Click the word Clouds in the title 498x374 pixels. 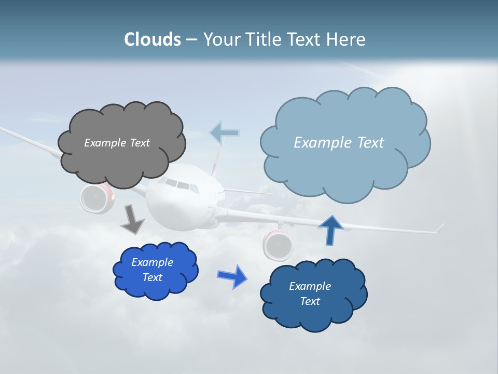(153, 39)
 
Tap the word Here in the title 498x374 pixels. (346, 39)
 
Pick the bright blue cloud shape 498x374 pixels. (155, 270)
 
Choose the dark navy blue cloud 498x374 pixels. (313, 295)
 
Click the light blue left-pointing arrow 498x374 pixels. (225, 133)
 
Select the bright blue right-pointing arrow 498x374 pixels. (232, 276)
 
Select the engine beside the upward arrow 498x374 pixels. (279, 244)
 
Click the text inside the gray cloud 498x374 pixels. (117, 143)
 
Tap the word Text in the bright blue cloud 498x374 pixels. (153, 277)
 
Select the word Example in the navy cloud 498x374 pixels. (310, 286)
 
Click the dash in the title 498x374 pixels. (191, 39)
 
